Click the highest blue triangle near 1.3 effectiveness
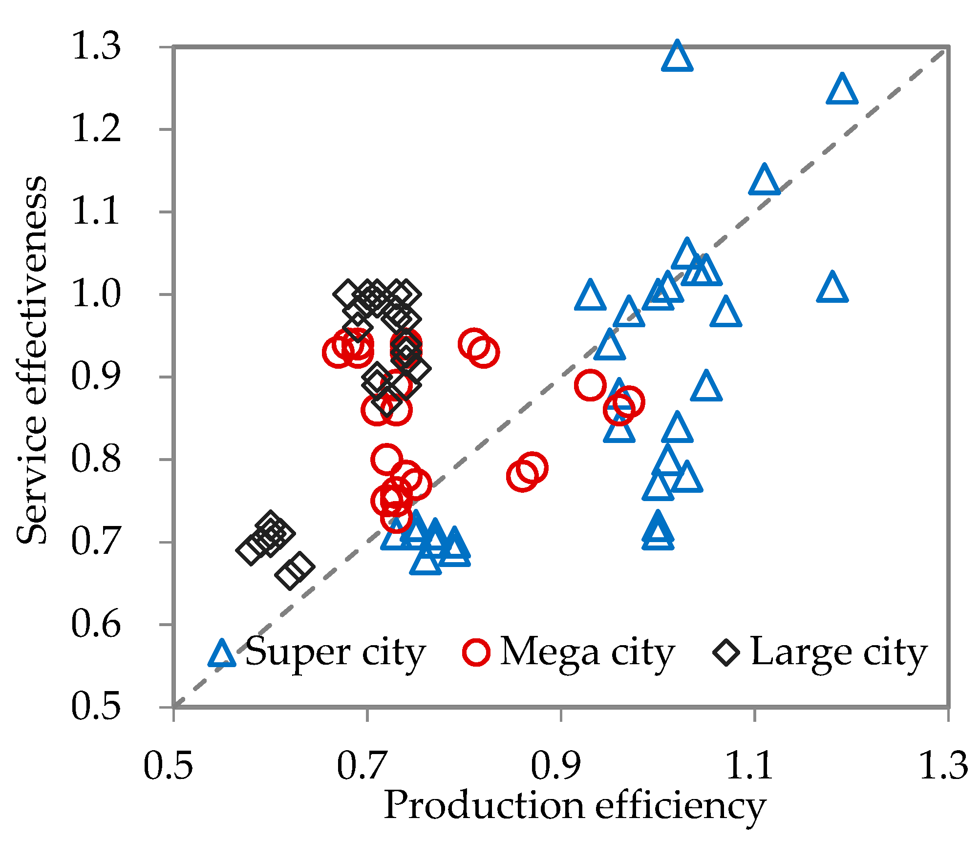[x=677, y=58]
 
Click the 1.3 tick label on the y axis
[x=96, y=46]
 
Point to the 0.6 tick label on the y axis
[x=96, y=624]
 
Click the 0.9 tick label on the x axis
[x=556, y=766]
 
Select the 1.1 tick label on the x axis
[x=749, y=766]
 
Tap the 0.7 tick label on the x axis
[x=362, y=766]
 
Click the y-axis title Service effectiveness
[x=32, y=360]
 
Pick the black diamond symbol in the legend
[x=726, y=652]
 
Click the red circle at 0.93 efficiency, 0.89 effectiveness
[x=590, y=385]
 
